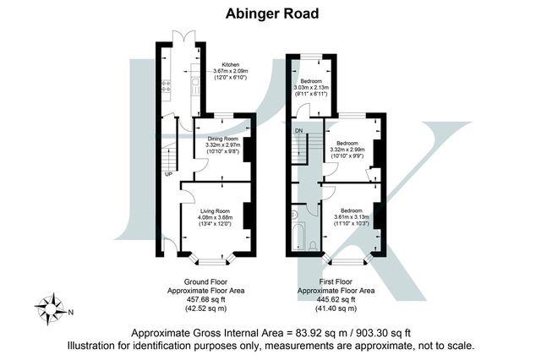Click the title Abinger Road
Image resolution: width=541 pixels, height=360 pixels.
(270, 13)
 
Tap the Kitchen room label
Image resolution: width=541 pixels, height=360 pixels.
(230, 63)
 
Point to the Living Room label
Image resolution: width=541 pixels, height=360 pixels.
(216, 210)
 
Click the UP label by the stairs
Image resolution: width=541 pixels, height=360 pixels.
(169, 175)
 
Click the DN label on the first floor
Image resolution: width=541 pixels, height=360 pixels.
(298, 131)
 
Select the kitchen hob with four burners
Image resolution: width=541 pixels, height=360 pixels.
(166, 85)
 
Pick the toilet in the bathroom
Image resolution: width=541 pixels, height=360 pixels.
(313, 245)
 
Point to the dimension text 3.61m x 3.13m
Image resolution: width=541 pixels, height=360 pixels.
(352, 217)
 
